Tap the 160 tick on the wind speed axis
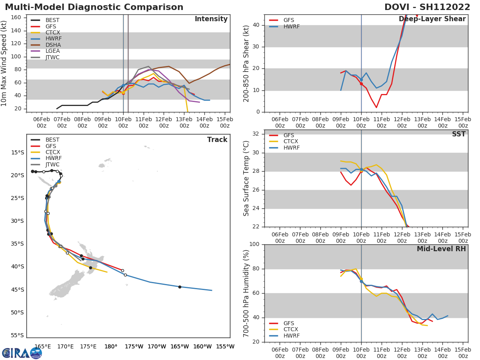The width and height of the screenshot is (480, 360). point(21,18)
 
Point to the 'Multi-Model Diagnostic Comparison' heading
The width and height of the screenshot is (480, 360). point(94,7)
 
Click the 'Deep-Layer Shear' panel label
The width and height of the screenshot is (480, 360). point(432,19)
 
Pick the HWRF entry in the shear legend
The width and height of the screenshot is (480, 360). point(291,26)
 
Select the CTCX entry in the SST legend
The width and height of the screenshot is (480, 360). point(290,141)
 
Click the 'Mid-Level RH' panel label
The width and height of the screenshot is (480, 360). point(441,249)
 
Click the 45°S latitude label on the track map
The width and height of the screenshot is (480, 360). point(17,290)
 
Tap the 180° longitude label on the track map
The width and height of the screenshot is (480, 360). point(111,346)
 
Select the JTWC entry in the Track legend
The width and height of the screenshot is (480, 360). point(52,164)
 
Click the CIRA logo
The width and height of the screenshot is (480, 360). point(22,353)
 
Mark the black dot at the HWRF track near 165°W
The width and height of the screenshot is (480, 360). point(180,287)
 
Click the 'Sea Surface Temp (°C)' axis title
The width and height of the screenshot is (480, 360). point(246,178)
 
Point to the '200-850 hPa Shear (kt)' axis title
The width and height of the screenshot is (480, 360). point(246,63)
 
